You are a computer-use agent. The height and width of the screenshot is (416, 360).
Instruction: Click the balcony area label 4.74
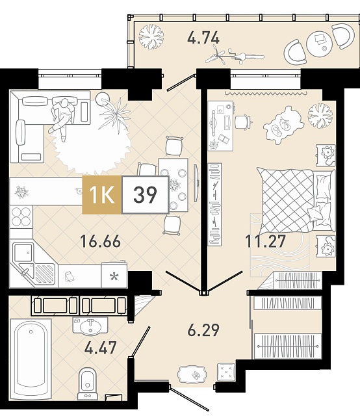click(203, 38)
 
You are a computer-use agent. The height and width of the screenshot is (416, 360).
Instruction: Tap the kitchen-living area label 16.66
click(100, 241)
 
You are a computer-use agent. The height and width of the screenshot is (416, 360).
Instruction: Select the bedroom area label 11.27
click(266, 241)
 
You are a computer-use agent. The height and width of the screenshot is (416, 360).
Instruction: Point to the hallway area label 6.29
click(203, 330)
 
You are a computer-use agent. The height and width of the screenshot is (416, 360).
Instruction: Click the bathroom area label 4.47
click(100, 348)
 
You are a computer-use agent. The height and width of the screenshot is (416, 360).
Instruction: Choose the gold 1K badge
click(102, 195)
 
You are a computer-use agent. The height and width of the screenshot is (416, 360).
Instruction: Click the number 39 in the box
click(145, 195)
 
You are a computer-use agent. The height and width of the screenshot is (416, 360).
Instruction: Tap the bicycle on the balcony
click(234, 56)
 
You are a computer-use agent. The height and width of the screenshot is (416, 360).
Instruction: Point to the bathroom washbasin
click(90, 326)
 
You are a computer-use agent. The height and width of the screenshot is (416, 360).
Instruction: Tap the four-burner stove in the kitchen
click(21, 216)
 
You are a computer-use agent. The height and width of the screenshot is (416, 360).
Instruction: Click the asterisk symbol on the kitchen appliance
click(114, 277)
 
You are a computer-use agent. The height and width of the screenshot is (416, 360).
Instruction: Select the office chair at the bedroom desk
click(243, 122)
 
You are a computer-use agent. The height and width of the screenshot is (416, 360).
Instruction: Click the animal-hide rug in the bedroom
click(283, 125)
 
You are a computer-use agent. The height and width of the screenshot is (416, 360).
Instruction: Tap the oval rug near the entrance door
click(192, 374)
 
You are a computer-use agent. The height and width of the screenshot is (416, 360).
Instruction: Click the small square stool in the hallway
click(225, 372)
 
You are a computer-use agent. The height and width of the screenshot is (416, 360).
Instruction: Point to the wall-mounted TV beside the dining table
click(196, 183)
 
